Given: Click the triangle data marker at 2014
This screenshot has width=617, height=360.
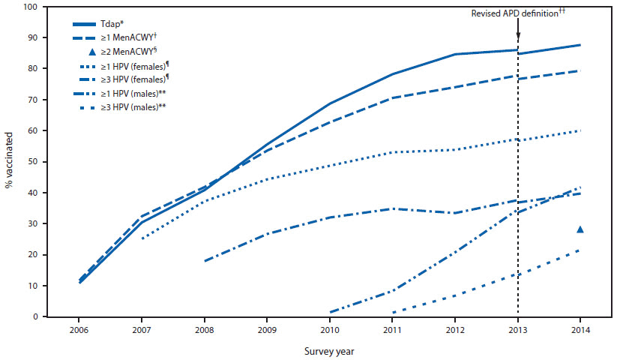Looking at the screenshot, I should [580, 229].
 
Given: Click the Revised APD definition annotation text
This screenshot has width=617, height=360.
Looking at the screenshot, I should [518, 13].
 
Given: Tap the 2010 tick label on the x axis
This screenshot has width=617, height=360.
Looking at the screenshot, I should [330, 329].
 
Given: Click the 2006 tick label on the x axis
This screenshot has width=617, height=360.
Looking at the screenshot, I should [79, 329].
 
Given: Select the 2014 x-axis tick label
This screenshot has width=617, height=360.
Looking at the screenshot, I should [580, 329].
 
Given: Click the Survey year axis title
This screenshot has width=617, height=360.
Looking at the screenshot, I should [330, 349].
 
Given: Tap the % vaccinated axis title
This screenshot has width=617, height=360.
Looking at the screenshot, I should [10, 162].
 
